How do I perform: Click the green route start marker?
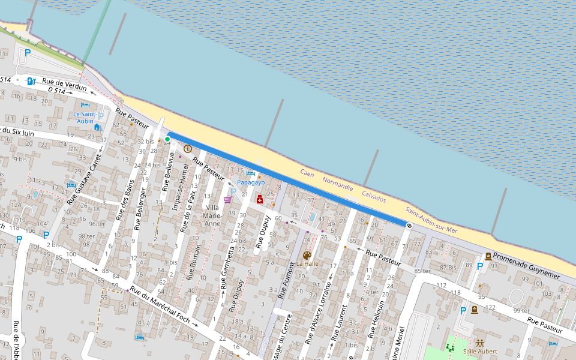click(x=168, y=139)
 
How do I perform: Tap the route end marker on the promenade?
click(x=409, y=226)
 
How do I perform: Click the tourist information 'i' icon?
click(x=188, y=148)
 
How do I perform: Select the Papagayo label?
click(x=251, y=182)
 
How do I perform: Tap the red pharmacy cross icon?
click(x=260, y=199)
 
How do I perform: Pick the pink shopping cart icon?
click(x=227, y=199)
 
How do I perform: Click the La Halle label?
click(x=307, y=263)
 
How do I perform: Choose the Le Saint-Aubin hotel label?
click(x=85, y=117)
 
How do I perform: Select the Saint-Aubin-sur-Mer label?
click(x=431, y=221)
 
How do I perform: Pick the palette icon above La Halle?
click(x=307, y=255)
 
